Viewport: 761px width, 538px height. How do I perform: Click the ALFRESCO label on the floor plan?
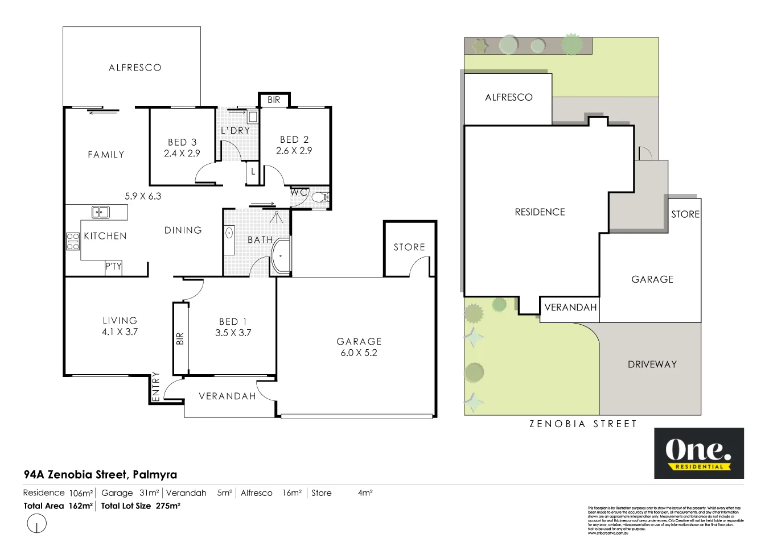135,68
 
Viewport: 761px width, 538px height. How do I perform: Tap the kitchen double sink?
101,213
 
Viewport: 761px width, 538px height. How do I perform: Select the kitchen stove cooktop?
73,242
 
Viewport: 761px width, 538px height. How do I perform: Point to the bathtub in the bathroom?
281,257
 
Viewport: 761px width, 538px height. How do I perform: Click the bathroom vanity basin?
229,233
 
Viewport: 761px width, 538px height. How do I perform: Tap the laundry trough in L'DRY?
253,117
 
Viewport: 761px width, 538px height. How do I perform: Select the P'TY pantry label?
113,266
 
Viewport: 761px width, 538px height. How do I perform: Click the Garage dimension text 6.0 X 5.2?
359,353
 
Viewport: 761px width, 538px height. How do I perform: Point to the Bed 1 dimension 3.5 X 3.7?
233,333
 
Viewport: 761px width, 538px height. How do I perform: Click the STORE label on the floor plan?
409,247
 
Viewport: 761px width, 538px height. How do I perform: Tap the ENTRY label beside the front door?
156,386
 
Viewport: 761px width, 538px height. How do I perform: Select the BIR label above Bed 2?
274,100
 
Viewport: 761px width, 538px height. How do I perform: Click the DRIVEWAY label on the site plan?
652,365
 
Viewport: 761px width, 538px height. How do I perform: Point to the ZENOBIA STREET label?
583,424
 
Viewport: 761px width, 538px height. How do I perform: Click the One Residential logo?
698,453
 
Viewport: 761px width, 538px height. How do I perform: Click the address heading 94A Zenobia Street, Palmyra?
100,474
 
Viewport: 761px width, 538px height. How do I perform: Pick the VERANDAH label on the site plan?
570,308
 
